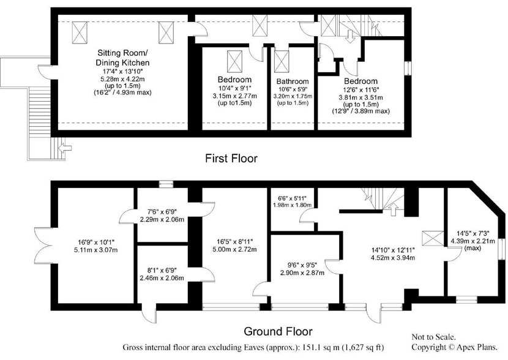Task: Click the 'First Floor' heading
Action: coord(231,159)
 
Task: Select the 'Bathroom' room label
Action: coord(292,81)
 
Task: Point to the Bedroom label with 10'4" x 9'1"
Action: coord(234,80)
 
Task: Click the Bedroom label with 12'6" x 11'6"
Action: coord(360,81)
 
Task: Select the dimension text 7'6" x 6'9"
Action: coord(162,212)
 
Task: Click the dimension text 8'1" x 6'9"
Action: coord(162,271)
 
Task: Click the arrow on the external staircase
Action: coord(63,147)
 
